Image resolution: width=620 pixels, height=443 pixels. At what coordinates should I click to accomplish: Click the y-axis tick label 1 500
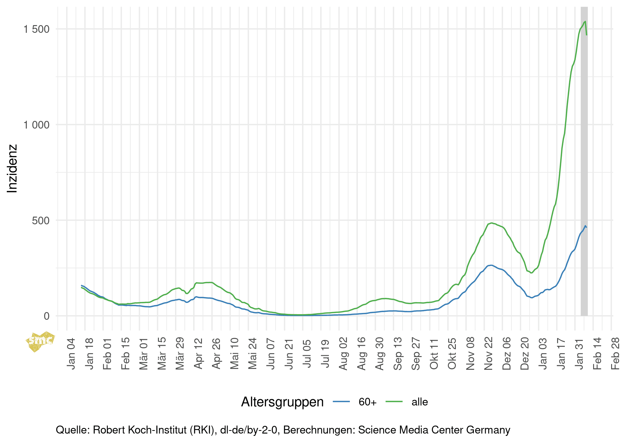36,29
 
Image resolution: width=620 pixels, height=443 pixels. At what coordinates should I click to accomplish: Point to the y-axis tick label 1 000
36,125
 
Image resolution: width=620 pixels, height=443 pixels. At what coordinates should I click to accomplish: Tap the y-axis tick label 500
41,220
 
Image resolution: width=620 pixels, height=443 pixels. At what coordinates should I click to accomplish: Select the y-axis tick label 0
46,316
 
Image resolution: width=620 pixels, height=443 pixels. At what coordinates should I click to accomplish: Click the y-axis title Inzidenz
12,168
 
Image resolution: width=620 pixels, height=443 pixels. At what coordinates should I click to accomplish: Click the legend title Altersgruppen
282,402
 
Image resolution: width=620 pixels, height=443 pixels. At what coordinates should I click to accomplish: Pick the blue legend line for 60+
341,401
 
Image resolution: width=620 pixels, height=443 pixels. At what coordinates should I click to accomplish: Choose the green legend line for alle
394,401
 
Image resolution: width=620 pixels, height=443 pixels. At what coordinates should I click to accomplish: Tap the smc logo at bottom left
40,341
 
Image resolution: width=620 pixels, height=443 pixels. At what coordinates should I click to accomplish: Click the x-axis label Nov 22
489,353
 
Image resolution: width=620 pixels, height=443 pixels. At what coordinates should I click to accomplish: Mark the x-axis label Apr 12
198,353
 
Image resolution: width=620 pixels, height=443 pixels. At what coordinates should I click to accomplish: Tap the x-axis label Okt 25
452,353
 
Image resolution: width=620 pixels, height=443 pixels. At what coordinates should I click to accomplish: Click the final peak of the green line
585,22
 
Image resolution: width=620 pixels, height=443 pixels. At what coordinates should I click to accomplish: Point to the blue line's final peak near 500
585,226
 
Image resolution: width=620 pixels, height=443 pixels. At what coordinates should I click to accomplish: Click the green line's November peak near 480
491,223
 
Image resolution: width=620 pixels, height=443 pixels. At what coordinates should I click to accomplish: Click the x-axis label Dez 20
525,353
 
